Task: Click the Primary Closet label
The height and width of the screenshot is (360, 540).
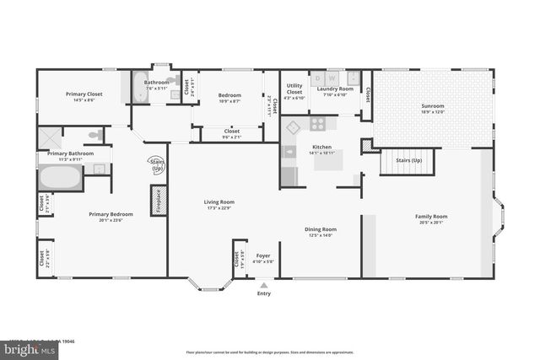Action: [84, 94]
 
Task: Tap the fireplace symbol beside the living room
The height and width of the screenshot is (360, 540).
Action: [158, 201]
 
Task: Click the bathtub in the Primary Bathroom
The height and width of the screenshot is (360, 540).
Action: [60, 178]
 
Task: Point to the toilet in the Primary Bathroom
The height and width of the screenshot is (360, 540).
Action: [96, 135]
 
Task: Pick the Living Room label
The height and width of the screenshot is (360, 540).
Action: [219, 202]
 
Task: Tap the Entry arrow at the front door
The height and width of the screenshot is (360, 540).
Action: [264, 285]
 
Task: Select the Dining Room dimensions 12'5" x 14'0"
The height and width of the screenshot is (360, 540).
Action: [321, 235]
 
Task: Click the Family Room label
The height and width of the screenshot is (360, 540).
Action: [430, 217]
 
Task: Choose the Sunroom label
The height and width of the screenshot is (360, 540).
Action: [433, 105]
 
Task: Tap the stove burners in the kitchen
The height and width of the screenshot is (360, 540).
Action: [318, 123]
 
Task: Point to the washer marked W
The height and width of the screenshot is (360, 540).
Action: [332, 79]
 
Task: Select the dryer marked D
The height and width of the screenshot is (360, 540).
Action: [318, 79]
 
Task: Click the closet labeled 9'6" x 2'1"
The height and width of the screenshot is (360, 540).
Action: [231, 133]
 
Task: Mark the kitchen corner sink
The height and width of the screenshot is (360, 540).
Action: [292, 127]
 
